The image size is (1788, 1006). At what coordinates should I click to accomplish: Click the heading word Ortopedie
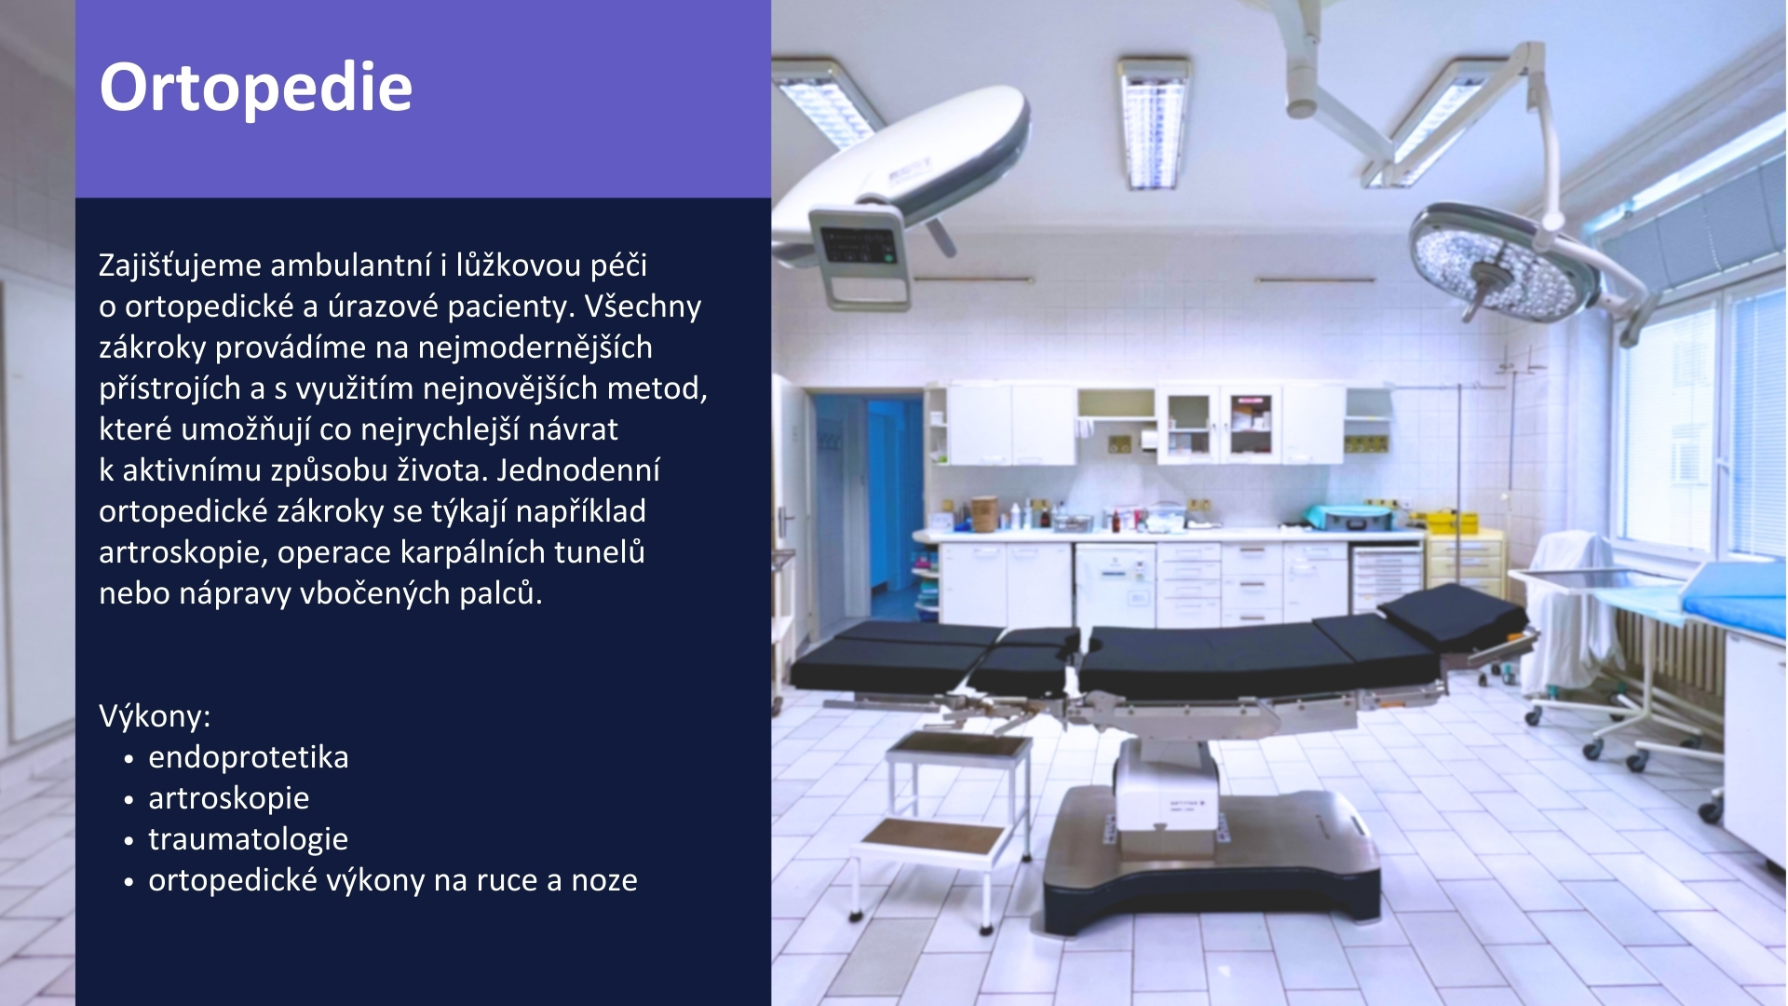tap(255, 88)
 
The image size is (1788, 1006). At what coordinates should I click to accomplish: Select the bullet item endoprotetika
tap(248, 756)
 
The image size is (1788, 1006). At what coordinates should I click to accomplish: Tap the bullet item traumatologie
tap(248, 838)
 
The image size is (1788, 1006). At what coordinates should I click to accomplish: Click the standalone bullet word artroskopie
tap(228, 797)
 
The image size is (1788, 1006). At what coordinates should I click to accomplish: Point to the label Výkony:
tap(155, 715)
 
